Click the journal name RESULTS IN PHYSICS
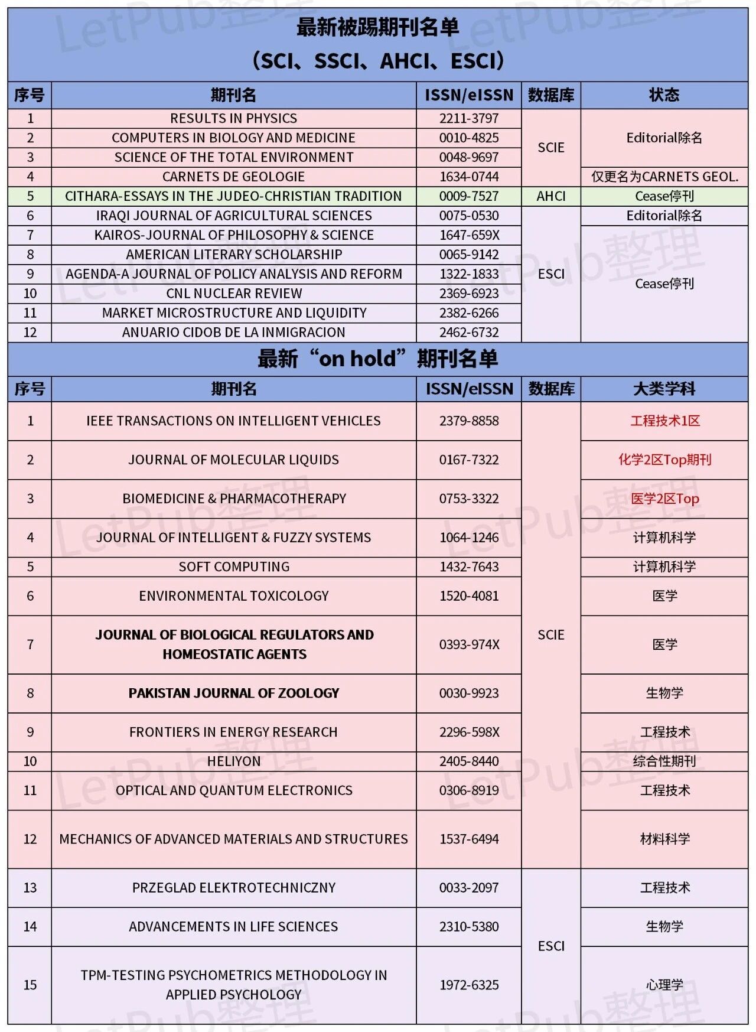pos(233,118)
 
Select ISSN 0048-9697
pos(469,157)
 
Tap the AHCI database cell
pos(550,196)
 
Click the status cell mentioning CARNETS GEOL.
pos(664,177)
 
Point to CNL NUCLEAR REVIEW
pos(233,294)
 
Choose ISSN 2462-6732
pos(469,333)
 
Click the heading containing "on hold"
pos(377,359)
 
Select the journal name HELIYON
pos(233,761)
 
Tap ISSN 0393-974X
pos(469,644)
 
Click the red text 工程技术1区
pos(664,421)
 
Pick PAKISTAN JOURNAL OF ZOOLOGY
pos(233,693)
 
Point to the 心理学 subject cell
pos(664,985)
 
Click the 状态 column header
pos(664,95)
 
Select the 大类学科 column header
pos(664,389)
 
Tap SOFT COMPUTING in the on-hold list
pos(233,567)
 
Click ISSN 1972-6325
pos(469,985)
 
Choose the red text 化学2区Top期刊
pos(664,460)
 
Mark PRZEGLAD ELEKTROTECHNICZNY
pos(233,888)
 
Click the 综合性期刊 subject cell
pos(664,761)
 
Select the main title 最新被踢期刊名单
pos(377,28)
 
